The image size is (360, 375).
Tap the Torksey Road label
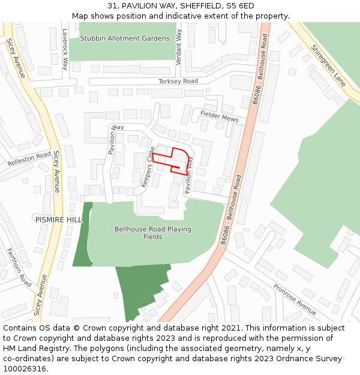pos(178,81)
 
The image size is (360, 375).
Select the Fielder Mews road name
pos(219,116)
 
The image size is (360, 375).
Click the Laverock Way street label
pos(65,43)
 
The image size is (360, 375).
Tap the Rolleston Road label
pos(29,159)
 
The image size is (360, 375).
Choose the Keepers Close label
pos(148,167)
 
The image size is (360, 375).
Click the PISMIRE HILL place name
pos(58,220)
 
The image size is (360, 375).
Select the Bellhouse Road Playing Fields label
pos(152,233)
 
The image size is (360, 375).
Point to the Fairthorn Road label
pos(18,267)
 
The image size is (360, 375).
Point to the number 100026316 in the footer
pos(25,369)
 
